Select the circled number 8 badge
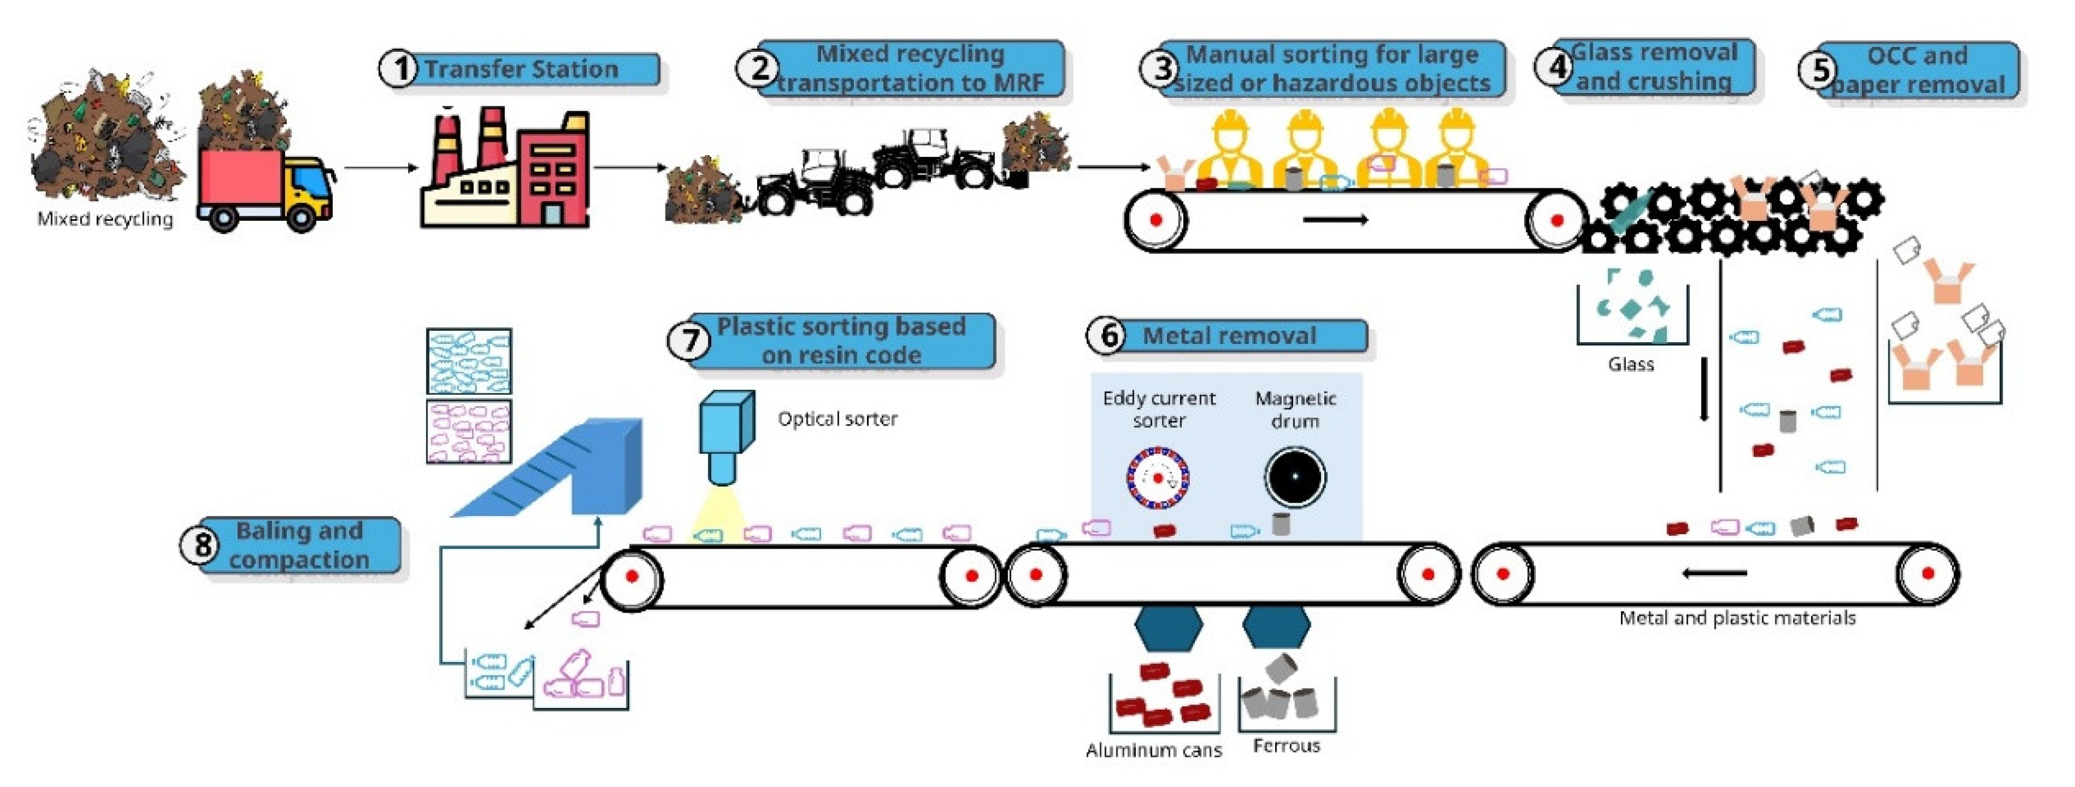(202, 546)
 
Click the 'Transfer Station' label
(522, 69)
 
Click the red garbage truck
(266, 190)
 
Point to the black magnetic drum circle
(1294, 476)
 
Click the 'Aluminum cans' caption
(1154, 750)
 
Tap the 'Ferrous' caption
(1287, 746)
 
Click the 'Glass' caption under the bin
(1631, 364)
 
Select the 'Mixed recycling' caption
(104, 219)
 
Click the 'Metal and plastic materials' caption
(1738, 618)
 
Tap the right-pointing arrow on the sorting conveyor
(1335, 219)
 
